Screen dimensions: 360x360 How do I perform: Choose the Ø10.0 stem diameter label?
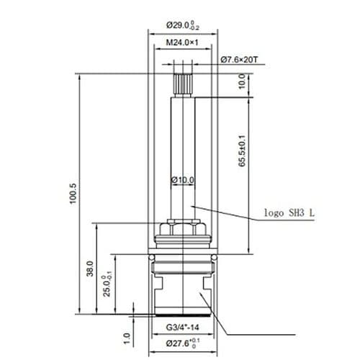(182, 179)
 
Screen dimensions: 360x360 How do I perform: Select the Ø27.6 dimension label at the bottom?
(182, 344)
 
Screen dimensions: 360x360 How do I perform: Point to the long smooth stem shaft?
(182, 144)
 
